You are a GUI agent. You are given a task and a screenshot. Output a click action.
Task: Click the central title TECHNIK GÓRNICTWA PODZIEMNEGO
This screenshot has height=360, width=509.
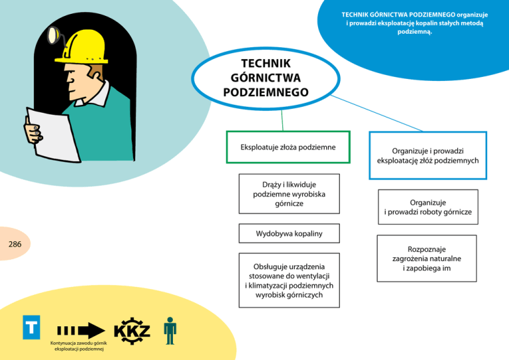266,78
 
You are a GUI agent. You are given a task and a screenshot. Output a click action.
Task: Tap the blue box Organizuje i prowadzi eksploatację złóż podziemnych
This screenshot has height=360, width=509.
427,155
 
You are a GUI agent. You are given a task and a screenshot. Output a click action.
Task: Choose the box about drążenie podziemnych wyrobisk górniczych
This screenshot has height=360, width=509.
289,194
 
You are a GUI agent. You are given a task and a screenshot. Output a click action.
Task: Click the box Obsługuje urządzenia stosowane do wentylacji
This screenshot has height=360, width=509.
289,280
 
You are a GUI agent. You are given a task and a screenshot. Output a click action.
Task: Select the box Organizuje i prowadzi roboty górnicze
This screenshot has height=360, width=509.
427,207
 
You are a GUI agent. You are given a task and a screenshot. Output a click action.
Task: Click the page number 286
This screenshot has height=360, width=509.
15,245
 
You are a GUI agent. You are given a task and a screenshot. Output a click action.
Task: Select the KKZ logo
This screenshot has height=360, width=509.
133,330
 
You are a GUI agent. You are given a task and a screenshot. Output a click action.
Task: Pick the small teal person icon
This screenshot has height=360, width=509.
170,330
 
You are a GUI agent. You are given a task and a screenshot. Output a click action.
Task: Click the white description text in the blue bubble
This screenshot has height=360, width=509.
415,23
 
